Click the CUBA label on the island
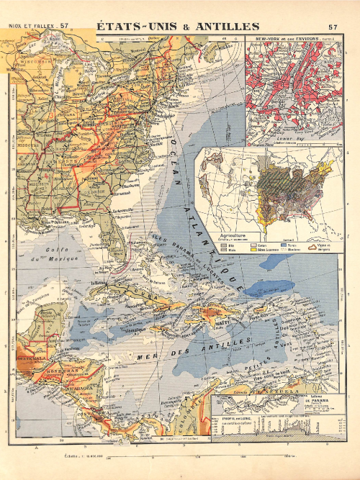[137, 296]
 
